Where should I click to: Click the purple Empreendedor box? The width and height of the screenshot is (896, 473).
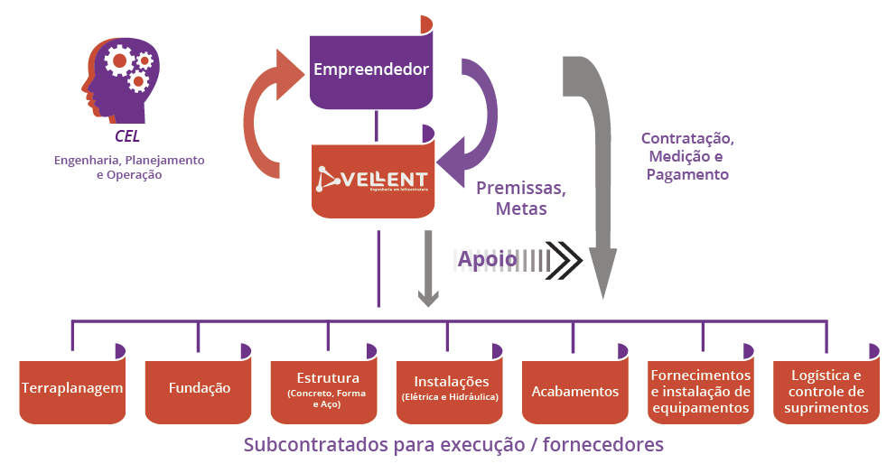tap(370, 69)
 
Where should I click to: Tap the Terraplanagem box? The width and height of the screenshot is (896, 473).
tap(72, 389)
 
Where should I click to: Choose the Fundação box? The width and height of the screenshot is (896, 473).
tap(199, 388)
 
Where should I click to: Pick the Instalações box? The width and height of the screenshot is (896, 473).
tap(451, 388)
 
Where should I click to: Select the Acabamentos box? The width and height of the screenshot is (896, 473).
tap(574, 391)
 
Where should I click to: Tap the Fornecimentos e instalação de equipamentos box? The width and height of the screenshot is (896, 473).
tap(701, 391)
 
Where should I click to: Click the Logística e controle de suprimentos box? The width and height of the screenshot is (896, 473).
tap(827, 391)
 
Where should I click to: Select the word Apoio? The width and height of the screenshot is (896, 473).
tap(487, 259)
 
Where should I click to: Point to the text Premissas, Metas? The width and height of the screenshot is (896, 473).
tap(521, 199)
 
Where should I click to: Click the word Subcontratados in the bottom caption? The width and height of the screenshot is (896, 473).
tap(312, 445)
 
